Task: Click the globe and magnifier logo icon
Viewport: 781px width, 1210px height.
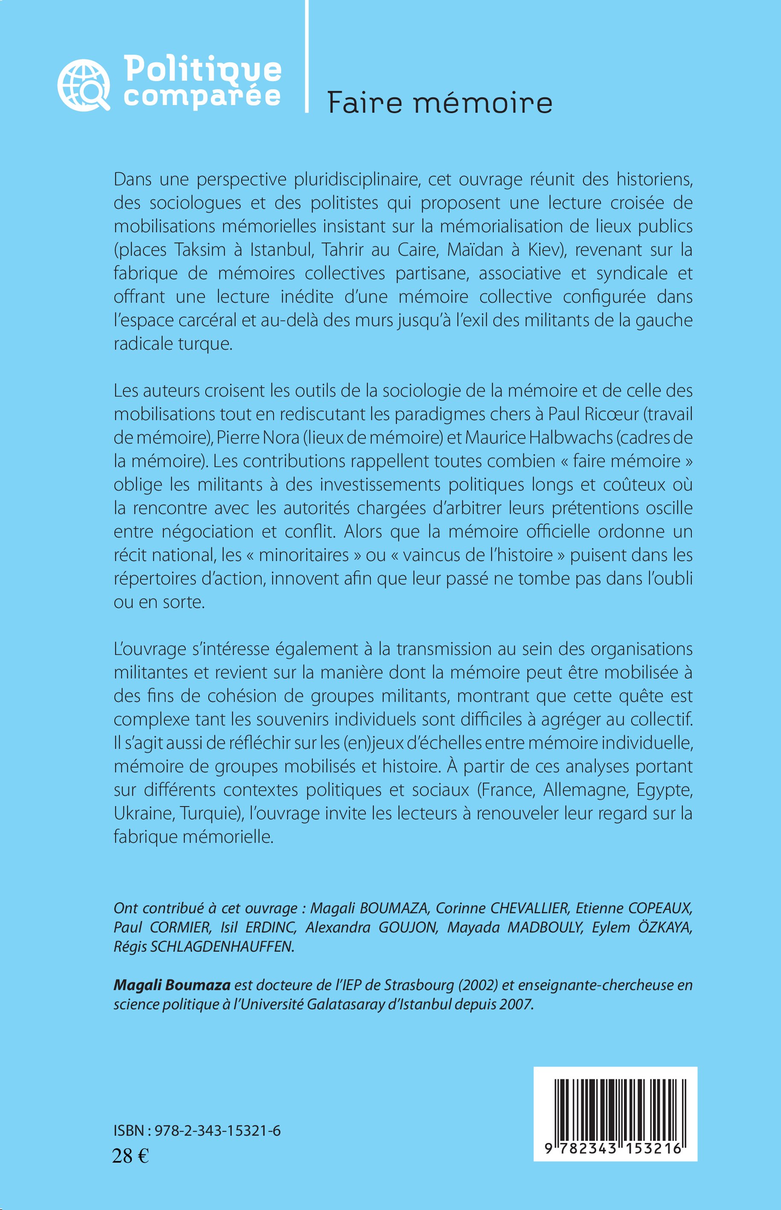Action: pyautogui.click(x=83, y=85)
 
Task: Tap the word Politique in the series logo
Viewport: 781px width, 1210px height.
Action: pyautogui.click(x=202, y=69)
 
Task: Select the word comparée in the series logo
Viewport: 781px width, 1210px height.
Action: pyautogui.click(x=202, y=96)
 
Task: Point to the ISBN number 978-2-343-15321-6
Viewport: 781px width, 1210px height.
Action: pyautogui.click(x=218, y=1131)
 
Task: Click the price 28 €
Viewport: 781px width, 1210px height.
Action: pyautogui.click(x=130, y=1156)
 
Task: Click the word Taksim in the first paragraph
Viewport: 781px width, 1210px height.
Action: pyautogui.click(x=200, y=250)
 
